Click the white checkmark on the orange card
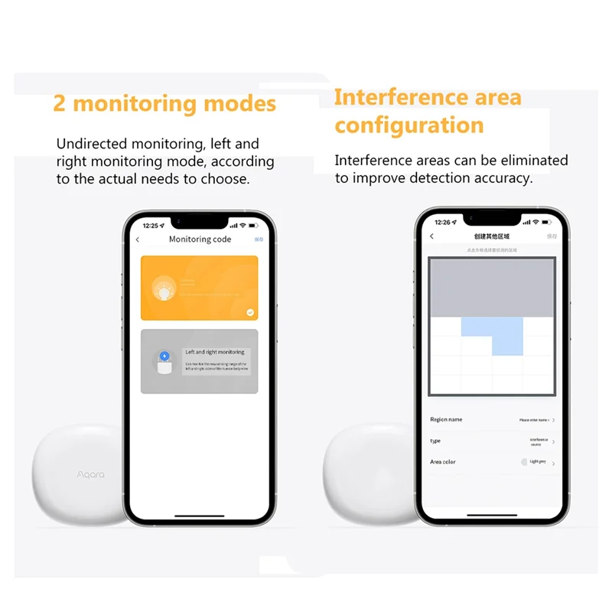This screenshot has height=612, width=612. tap(250, 312)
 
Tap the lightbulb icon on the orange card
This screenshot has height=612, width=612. tap(164, 288)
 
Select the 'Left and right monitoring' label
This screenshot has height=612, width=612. tap(215, 352)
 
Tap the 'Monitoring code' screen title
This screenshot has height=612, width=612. tap(200, 239)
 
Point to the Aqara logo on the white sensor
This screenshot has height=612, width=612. tap(90, 474)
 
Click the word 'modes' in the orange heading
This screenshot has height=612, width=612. tap(240, 103)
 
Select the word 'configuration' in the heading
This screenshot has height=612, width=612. tap(409, 125)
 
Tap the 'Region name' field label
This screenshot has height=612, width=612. tap(446, 419)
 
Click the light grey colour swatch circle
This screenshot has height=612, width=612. tap(524, 462)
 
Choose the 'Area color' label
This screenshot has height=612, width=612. tap(443, 462)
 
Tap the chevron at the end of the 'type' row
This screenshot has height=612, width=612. tap(553, 441)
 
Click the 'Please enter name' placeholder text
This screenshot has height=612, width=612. tap(533, 420)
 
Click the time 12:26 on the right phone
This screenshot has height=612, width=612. tap(443, 223)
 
